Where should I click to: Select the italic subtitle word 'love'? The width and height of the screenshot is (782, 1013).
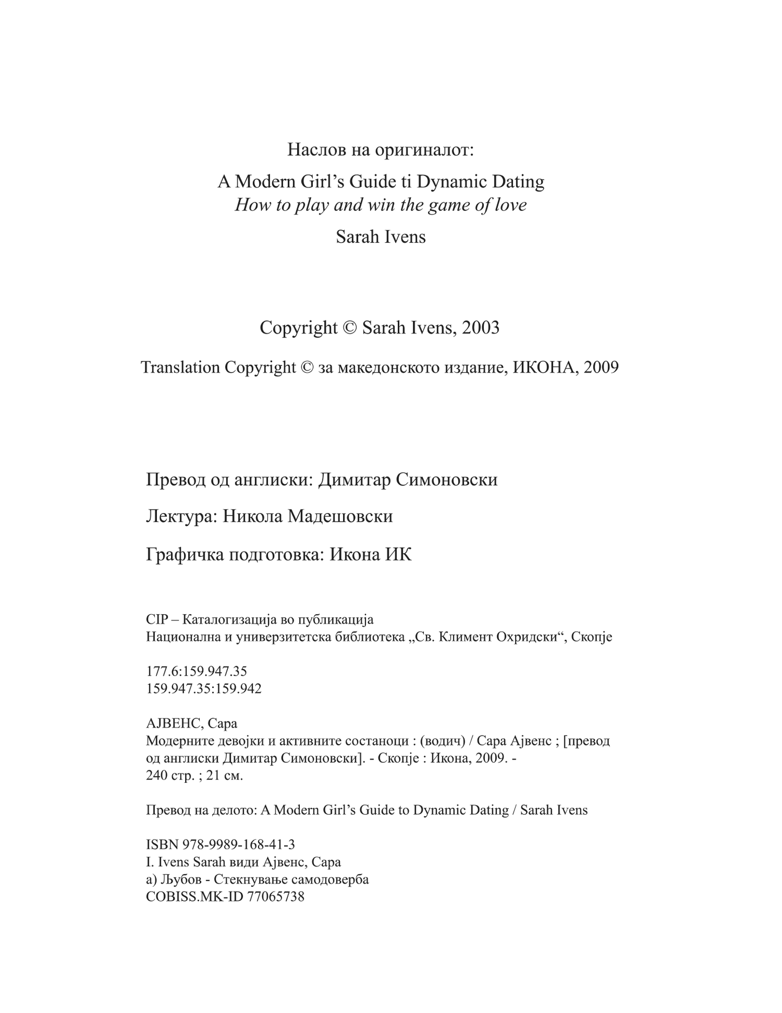[509, 205]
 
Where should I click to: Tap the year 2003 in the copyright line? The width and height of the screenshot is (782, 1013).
[481, 328]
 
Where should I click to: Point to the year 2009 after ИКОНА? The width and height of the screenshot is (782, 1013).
[601, 368]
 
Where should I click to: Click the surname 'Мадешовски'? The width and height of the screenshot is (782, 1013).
[340, 517]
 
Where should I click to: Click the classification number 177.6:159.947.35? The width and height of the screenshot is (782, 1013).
[196, 672]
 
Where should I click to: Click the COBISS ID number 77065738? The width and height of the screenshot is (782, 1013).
[275, 897]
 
